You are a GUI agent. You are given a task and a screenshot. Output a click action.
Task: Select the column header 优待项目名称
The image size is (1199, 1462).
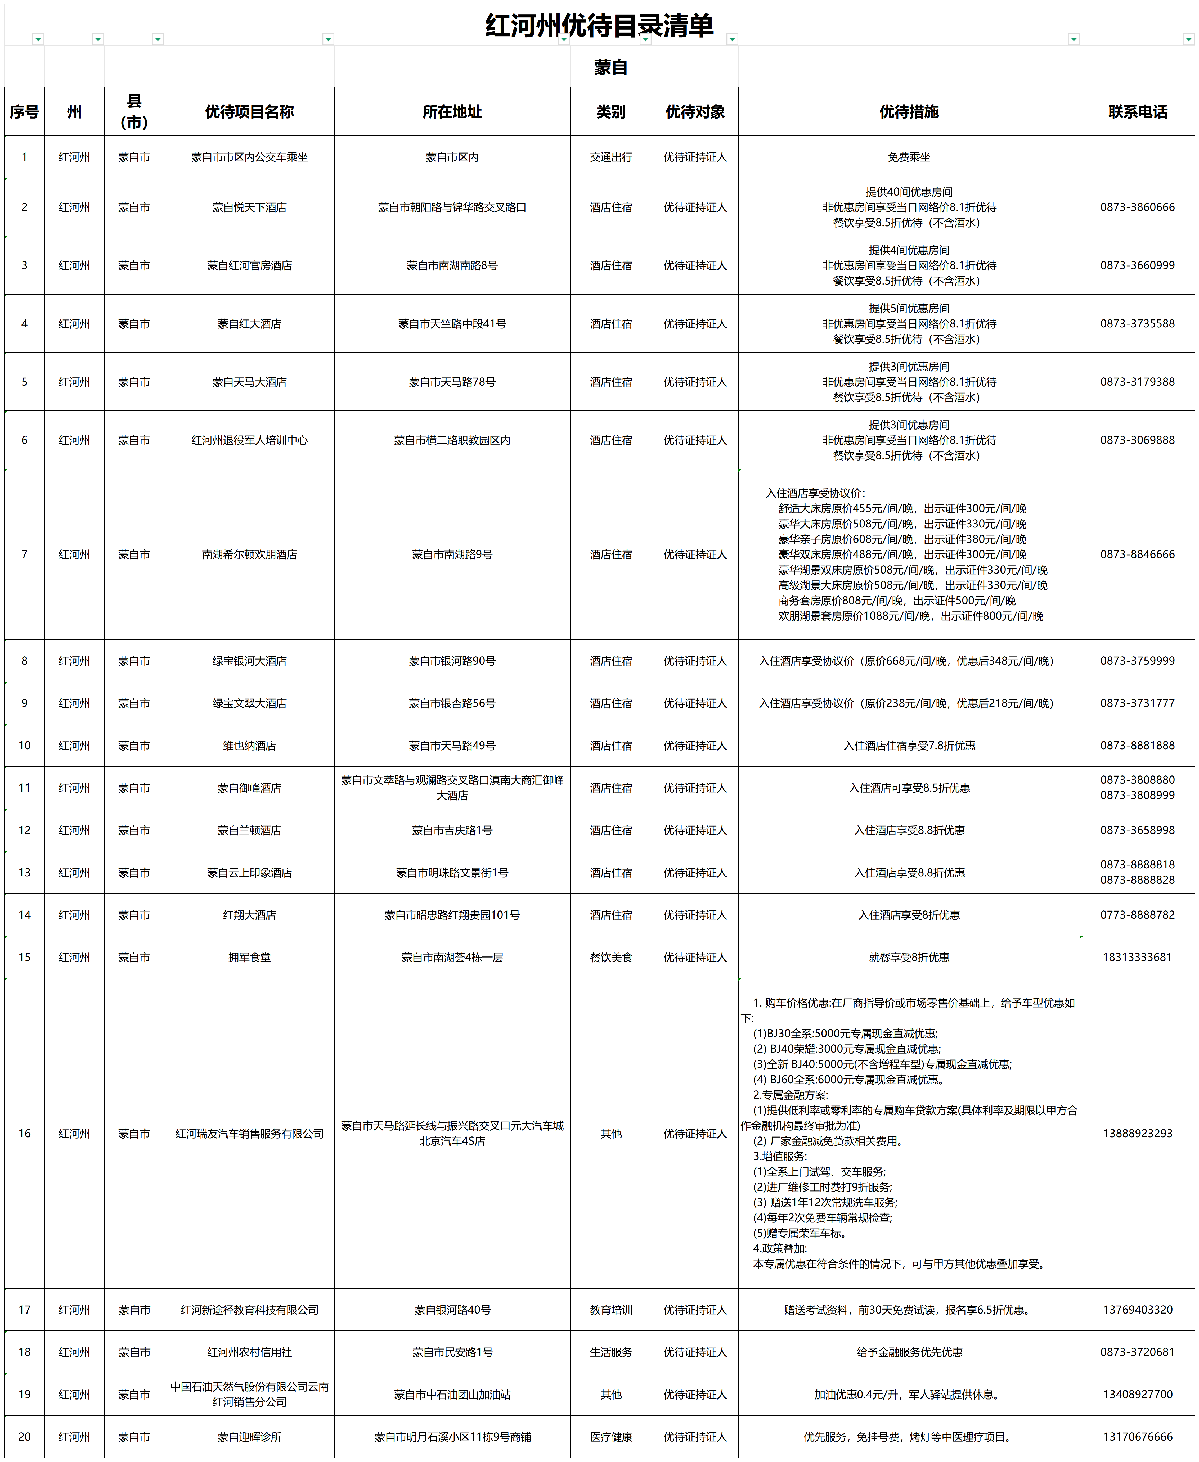point(249,112)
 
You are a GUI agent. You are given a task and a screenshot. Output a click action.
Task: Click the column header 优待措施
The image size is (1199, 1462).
point(909,112)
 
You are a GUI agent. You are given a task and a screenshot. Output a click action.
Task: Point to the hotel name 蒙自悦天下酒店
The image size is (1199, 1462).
point(249,207)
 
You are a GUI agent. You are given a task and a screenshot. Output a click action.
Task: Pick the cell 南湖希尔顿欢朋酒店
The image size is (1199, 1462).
point(249,554)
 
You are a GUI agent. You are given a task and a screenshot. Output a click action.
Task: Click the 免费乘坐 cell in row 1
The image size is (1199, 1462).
point(909,157)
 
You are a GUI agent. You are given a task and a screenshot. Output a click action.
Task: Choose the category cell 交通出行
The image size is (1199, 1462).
point(610,157)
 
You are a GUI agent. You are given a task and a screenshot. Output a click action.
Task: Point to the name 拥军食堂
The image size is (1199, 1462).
point(249,957)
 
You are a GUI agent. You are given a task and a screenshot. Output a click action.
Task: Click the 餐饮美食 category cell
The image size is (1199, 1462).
point(610,957)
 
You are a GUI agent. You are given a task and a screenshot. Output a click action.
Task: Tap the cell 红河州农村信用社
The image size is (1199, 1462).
point(249,1352)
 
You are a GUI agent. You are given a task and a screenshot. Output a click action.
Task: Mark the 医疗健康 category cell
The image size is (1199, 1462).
point(610,1436)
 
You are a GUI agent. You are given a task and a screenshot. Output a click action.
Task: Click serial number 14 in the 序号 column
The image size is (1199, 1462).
point(24,915)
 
